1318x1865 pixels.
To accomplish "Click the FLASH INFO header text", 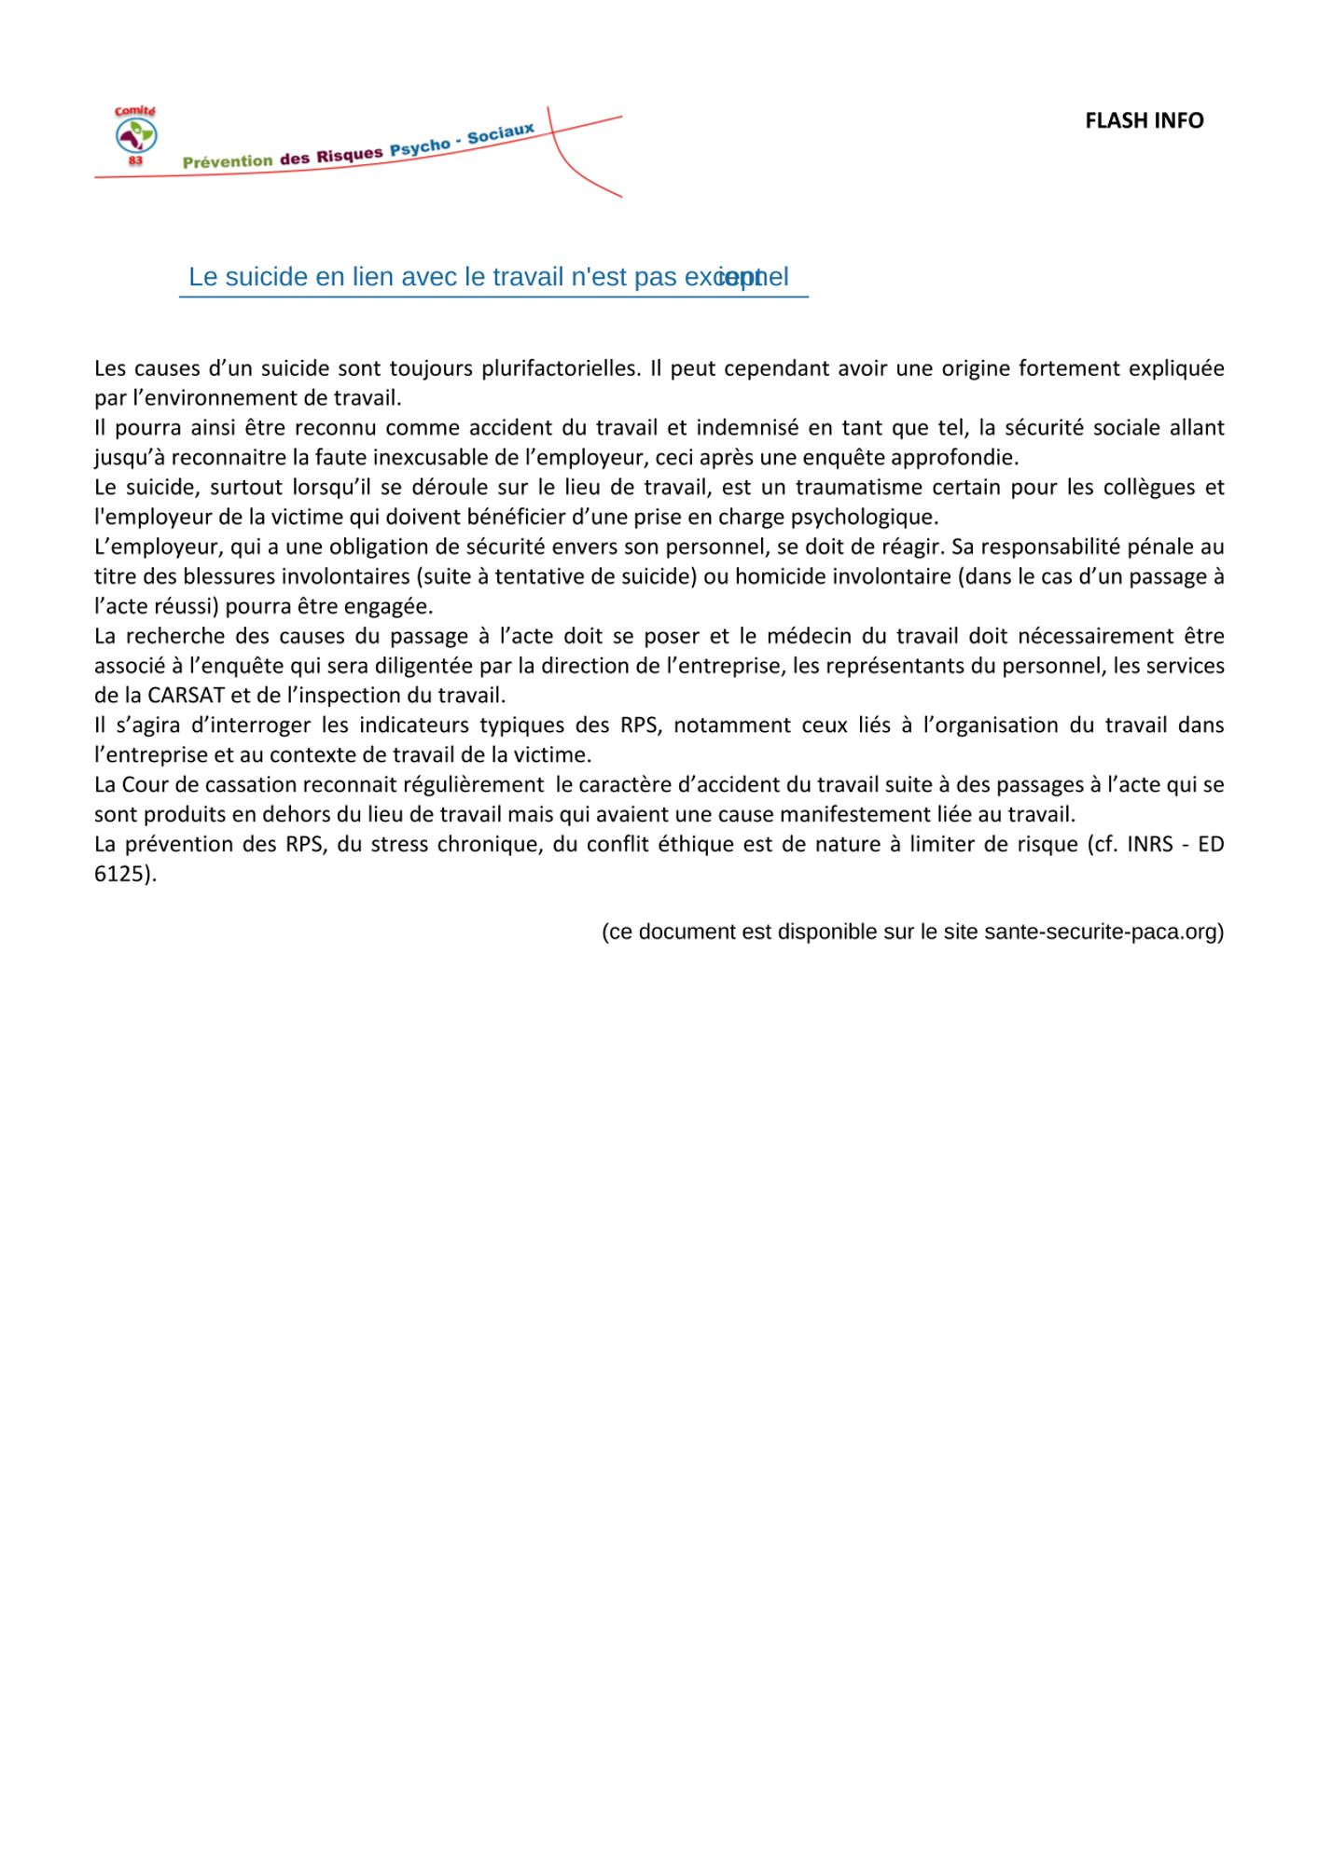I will (x=1144, y=120).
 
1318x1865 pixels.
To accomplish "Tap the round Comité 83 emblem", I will (x=136, y=136).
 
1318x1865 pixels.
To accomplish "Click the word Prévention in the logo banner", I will (x=228, y=161).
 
